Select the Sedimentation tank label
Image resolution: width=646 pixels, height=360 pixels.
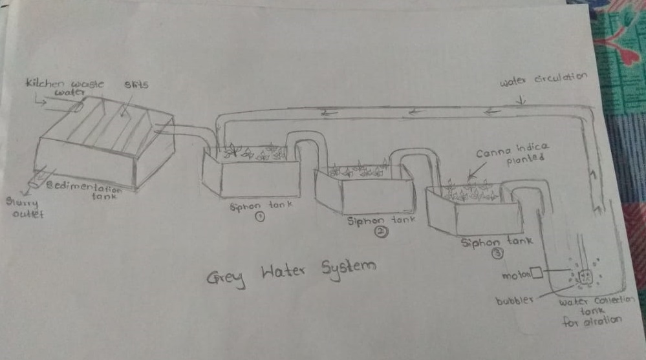[x=87, y=190]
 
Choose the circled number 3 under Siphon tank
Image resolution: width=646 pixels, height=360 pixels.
[x=497, y=254]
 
